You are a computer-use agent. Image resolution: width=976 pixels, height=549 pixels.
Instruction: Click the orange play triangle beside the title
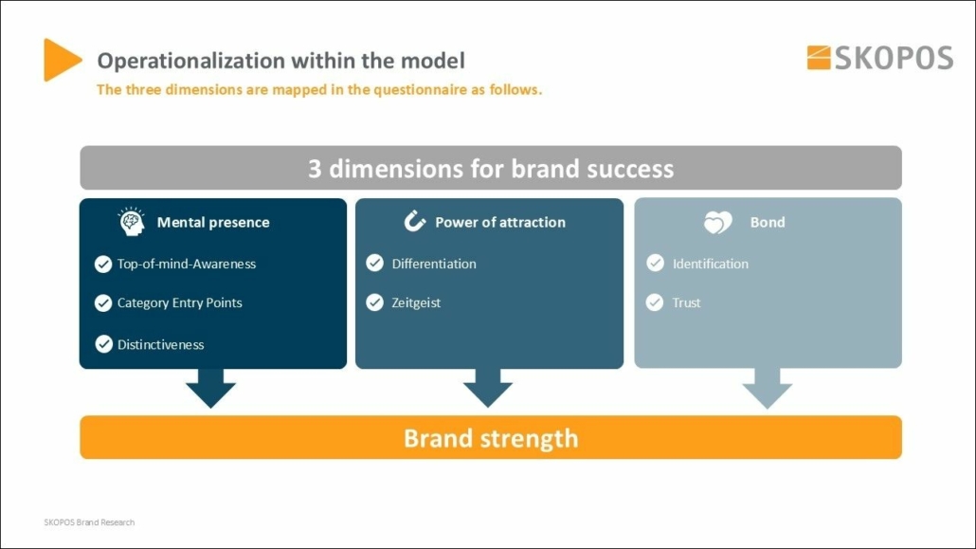(60, 60)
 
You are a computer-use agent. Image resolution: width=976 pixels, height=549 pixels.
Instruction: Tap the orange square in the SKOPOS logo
(819, 58)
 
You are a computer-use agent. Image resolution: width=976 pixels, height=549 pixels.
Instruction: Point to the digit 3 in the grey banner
(315, 169)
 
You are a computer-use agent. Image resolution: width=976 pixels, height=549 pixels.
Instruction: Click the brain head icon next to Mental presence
(132, 221)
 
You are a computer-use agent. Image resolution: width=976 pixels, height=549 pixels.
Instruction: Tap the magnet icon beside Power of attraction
(414, 221)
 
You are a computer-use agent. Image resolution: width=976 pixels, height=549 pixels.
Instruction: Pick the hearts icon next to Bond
(718, 222)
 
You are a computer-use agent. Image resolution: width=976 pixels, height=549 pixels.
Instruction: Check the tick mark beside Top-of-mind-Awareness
(103, 265)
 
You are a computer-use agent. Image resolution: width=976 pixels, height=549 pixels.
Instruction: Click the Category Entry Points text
(180, 302)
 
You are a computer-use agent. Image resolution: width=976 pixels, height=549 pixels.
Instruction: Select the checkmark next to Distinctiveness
(103, 344)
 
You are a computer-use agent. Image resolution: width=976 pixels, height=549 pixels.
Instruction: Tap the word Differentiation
(434, 264)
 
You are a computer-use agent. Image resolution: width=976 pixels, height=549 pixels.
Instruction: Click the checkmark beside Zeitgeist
(374, 302)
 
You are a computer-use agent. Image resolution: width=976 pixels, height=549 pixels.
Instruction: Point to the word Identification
(711, 264)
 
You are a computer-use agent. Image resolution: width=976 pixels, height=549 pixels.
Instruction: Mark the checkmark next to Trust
(655, 302)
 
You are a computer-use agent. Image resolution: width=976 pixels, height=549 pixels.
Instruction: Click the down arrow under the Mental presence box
(210, 388)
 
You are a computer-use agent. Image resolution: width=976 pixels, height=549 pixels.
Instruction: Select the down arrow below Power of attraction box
(488, 388)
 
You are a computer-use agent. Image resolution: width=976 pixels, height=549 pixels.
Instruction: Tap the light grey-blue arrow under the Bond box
(768, 388)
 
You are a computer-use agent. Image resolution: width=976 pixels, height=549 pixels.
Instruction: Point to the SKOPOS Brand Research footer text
(89, 522)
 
